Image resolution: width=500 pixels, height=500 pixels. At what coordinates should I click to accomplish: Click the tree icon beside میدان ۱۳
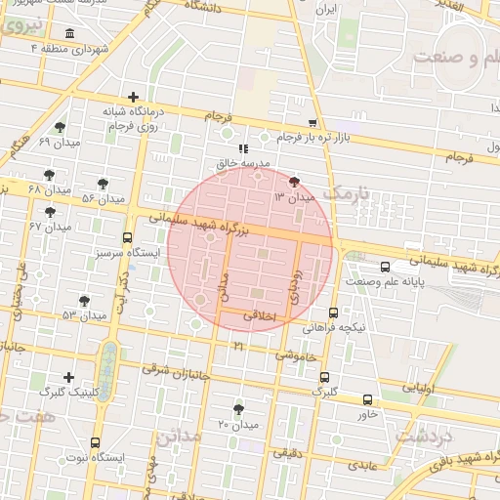coord(294,181)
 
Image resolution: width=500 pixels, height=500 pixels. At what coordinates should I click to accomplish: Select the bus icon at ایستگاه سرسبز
coord(128,237)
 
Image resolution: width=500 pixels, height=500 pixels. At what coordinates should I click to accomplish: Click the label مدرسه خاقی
coord(240,165)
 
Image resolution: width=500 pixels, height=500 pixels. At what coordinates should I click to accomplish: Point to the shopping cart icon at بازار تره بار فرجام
coord(312,123)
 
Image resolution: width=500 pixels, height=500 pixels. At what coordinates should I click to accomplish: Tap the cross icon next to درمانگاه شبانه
coord(134,97)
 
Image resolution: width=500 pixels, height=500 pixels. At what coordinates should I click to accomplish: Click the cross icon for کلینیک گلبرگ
coord(67,377)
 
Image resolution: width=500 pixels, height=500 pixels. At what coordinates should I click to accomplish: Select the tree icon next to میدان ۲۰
coord(238,409)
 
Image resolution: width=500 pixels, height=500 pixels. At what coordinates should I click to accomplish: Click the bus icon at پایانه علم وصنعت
coord(387,267)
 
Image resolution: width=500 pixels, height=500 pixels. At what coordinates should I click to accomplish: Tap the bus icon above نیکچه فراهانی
coord(334,312)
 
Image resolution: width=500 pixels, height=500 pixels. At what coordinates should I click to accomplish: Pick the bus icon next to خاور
coord(367,399)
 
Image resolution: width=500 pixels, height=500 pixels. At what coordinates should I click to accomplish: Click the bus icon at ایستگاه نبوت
coord(95,442)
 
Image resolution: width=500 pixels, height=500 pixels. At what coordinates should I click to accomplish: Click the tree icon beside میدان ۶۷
coord(50,212)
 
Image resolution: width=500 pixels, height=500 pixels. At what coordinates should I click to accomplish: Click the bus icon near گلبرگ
coord(324,377)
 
